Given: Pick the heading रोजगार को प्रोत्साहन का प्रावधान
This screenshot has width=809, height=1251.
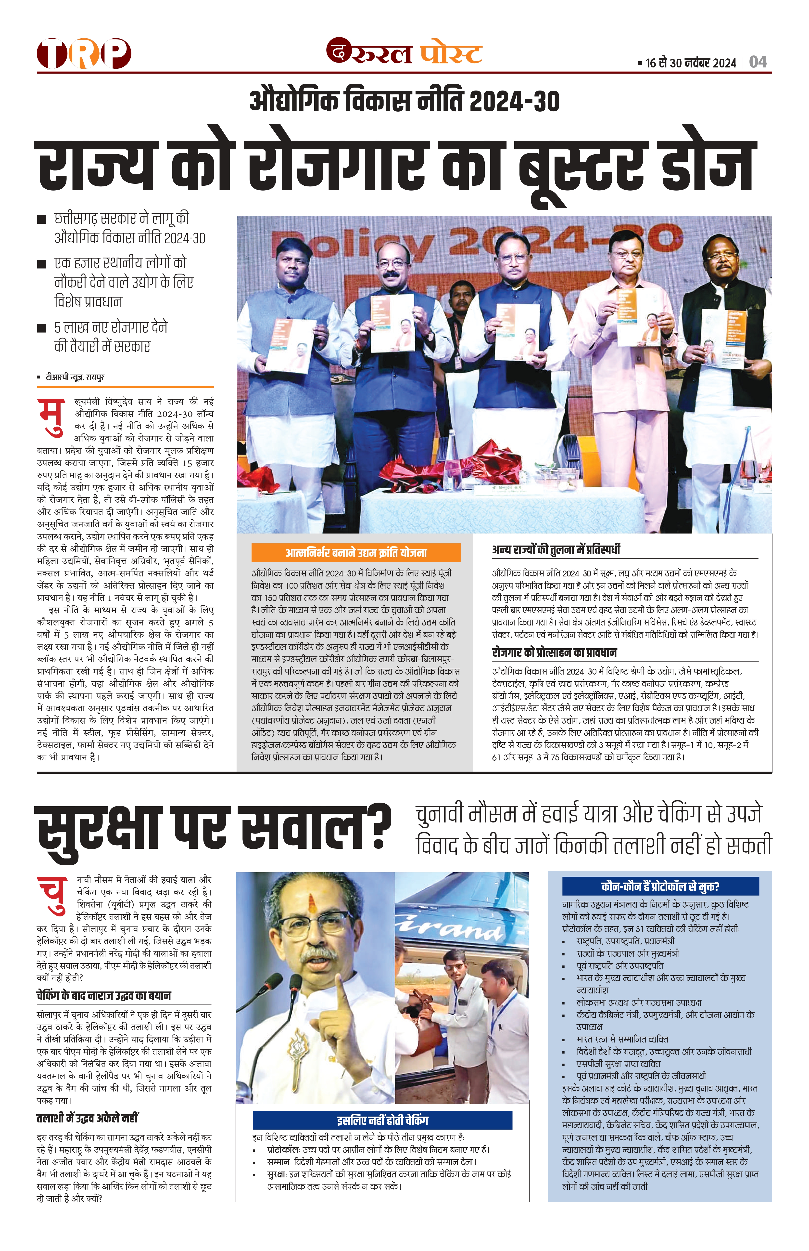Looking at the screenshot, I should tap(554, 652).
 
